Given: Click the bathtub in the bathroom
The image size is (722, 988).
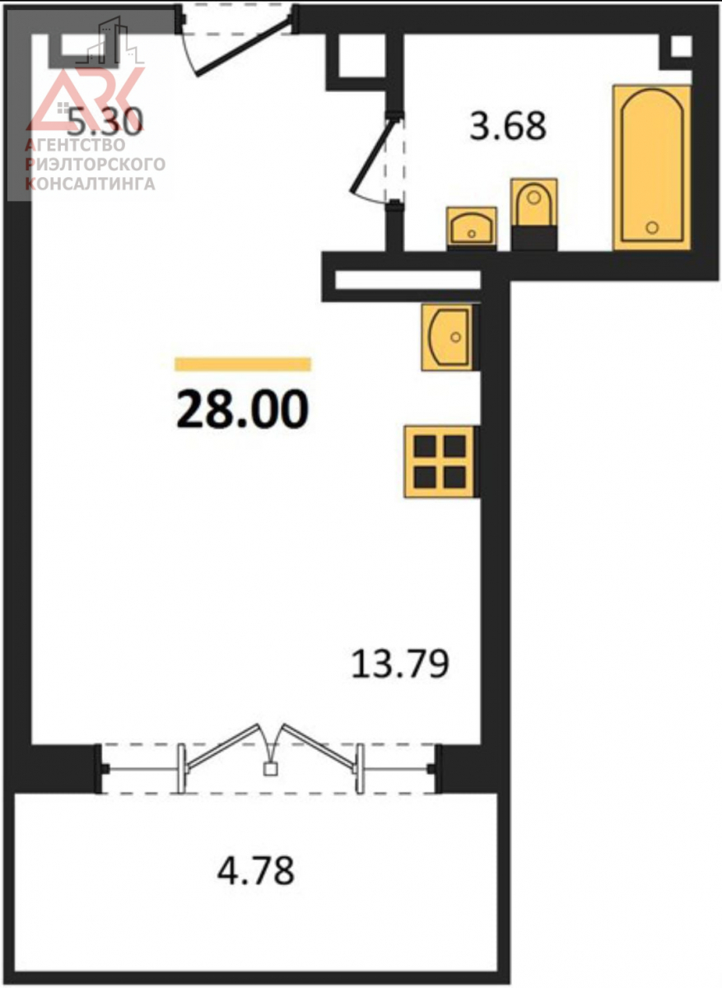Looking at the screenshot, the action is (x=652, y=168).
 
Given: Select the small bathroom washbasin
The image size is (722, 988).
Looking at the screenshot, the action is (x=472, y=226).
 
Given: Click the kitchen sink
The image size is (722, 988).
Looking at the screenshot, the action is (x=449, y=338).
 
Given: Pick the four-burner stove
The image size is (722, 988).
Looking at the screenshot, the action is (x=441, y=462).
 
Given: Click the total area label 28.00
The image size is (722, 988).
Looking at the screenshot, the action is (x=242, y=409).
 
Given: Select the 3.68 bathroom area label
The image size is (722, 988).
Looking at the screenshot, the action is (x=508, y=126).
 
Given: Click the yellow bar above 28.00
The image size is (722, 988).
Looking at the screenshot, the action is (x=243, y=364).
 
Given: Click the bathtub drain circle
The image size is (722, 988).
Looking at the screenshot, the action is (x=652, y=227).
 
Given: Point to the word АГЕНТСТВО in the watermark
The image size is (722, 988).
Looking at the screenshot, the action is (x=75, y=145).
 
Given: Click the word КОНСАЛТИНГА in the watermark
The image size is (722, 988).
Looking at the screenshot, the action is (x=91, y=184).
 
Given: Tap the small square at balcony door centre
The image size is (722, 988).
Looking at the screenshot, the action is (x=270, y=769).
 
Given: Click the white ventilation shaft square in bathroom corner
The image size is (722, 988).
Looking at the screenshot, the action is (x=682, y=46).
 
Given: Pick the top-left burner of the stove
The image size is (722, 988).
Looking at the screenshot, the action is (x=425, y=446).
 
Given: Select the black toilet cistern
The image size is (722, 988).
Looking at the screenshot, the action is (x=533, y=238).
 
